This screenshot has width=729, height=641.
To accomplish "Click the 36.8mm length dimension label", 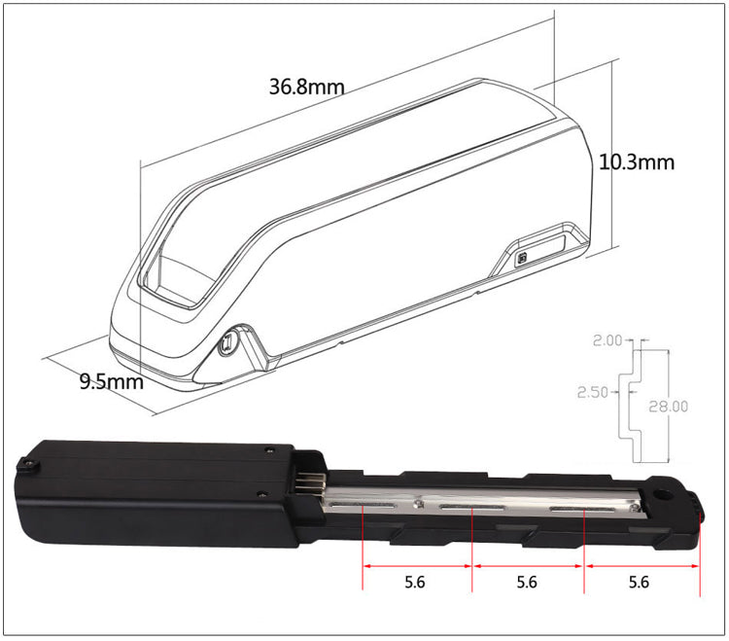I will [x=306, y=87].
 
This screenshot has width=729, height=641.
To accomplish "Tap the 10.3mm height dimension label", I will [x=636, y=161].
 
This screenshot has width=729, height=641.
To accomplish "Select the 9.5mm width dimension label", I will [x=111, y=381].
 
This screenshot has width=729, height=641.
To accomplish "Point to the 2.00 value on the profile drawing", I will [x=607, y=340].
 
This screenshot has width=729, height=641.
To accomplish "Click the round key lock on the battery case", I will [x=231, y=343].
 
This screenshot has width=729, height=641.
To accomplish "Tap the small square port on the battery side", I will [x=523, y=259].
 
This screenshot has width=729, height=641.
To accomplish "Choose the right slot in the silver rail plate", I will [x=581, y=509].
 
